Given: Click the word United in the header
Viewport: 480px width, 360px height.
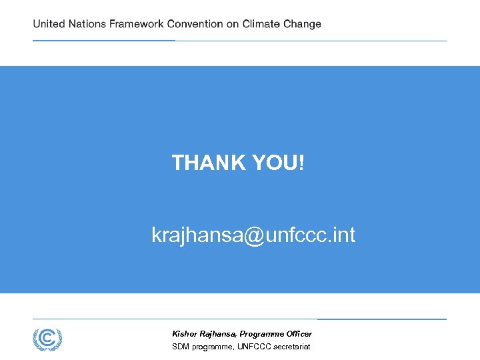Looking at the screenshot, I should pyautogui.click(x=49, y=24).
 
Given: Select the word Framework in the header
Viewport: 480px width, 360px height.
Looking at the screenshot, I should pyautogui.click(x=137, y=24).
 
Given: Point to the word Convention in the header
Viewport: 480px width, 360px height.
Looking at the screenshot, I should pyautogui.click(x=195, y=24).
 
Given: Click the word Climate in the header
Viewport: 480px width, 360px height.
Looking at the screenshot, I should pyautogui.click(x=261, y=24).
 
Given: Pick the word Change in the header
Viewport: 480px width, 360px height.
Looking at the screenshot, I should pyautogui.click(x=302, y=24).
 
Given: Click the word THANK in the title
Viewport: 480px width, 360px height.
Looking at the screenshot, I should pyautogui.click(x=209, y=162).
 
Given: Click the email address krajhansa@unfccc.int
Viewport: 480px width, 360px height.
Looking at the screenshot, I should pyautogui.click(x=253, y=235).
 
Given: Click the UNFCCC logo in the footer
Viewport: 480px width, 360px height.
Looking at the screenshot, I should pyautogui.click(x=47, y=339).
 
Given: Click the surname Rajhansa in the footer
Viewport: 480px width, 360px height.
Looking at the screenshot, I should pyautogui.click(x=217, y=333).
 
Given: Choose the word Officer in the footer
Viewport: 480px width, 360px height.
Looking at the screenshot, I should pyautogui.click(x=298, y=333).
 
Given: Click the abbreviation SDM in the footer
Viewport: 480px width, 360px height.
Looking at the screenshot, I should pyautogui.click(x=180, y=347).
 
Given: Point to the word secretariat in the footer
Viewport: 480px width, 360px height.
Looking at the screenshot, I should pyautogui.click(x=291, y=347).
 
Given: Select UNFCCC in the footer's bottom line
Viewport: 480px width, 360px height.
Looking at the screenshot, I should pyautogui.click(x=253, y=347).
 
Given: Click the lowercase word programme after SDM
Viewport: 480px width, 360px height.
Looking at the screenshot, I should pyautogui.click(x=212, y=347).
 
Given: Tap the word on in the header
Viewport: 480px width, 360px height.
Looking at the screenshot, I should pyautogui.click(x=233, y=24).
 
